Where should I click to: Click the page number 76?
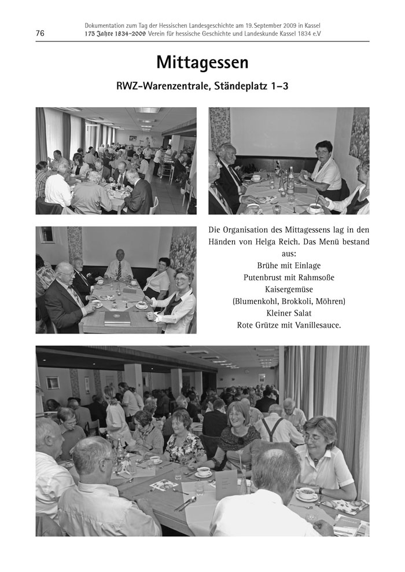pyautogui.click(x=40, y=34)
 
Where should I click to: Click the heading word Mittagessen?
pyautogui.click(x=202, y=63)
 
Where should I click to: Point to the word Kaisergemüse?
pyautogui.click(x=289, y=289)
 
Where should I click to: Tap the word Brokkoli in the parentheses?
pyautogui.click(x=294, y=301)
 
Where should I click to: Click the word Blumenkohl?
pyautogui.click(x=254, y=301)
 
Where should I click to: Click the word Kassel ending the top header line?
pyautogui.click(x=311, y=26)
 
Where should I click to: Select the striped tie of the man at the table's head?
pyautogui.click(x=119, y=270)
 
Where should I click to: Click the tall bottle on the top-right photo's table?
pyautogui.click(x=290, y=179)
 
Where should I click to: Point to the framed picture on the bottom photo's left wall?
pyautogui.click(x=53, y=383)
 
